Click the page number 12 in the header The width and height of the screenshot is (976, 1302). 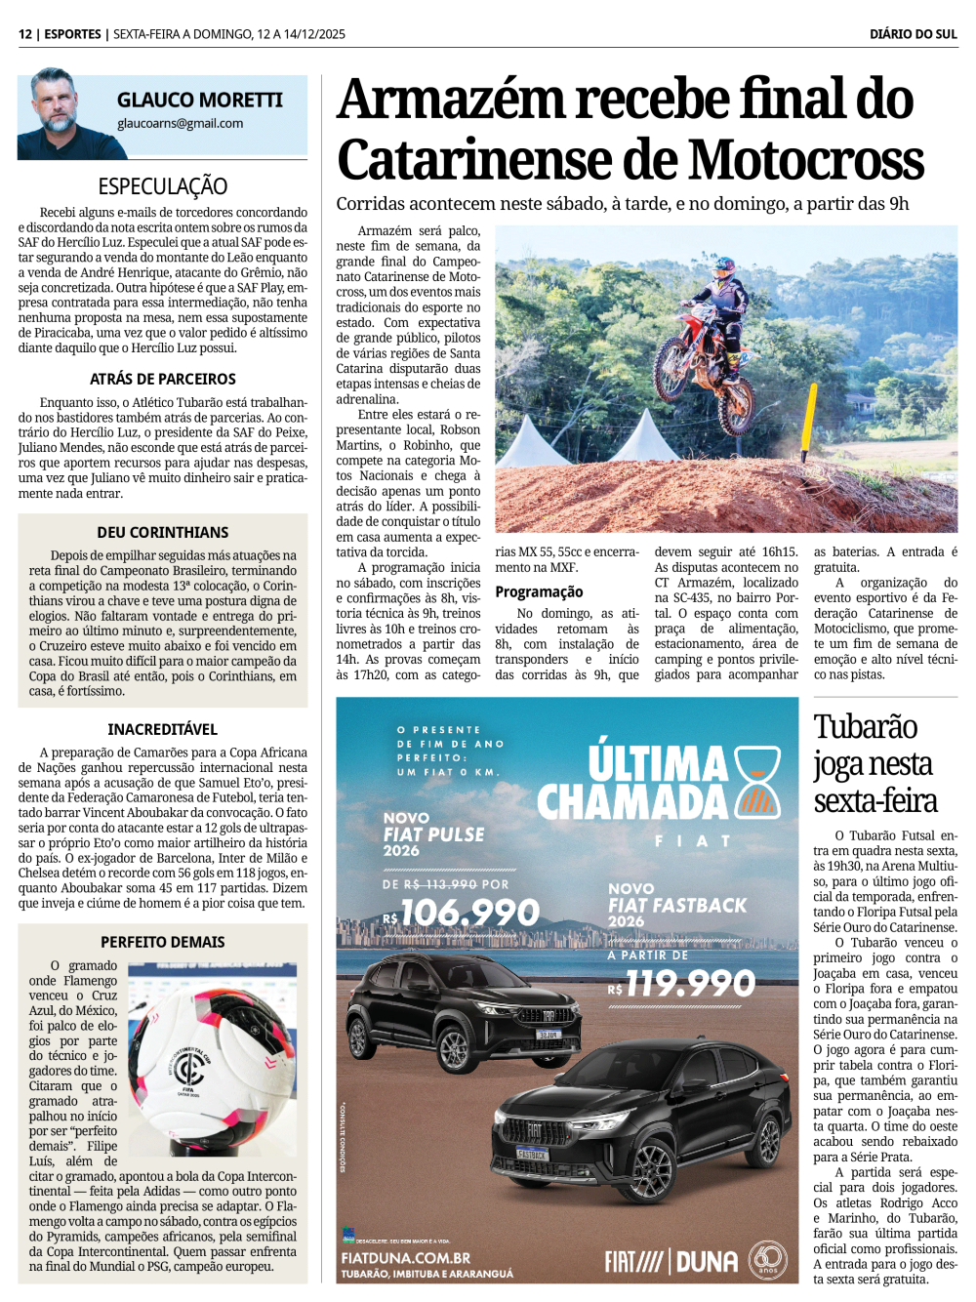tap(25, 34)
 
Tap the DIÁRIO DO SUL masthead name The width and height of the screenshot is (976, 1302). tap(913, 34)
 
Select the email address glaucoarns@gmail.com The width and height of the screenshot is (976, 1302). tap(180, 124)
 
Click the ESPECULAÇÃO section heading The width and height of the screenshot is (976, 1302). tap(163, 186)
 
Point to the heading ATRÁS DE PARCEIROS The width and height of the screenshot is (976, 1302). tap(163, 379)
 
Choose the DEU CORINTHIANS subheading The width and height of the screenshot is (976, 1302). tap(163, 532)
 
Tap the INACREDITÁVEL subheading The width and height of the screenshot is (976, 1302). tap(163, 729)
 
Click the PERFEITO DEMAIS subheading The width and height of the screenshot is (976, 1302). tap(163, 942)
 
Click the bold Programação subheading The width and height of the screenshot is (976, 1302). tap(539, 591)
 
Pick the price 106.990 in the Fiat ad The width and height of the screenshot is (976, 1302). tap(469, 913)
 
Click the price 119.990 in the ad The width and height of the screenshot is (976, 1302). tap(690, 984)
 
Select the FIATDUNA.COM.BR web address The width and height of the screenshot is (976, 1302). tap(406, 1258)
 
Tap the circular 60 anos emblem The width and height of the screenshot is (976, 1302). tap(768, 1260)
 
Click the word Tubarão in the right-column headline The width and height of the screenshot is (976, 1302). tap(866, 727)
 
